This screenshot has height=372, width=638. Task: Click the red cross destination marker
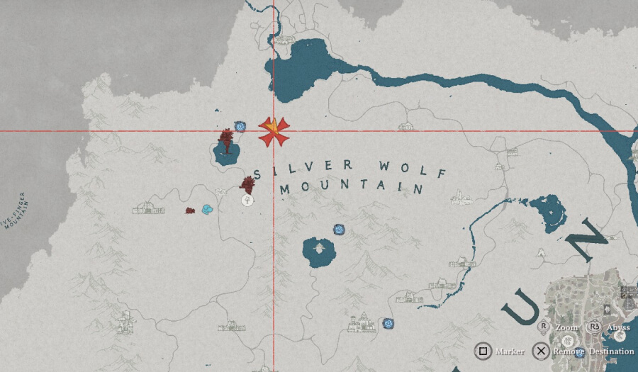[x=274, y=131]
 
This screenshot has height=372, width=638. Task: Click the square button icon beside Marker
[x=483, y=351]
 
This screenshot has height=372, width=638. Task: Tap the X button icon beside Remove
[x=541, y=351]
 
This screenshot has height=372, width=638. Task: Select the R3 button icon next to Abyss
[x=594, y=327]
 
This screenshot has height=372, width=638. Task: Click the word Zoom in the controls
[x=566, y=329]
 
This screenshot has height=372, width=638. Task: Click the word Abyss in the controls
[x=617, y=329]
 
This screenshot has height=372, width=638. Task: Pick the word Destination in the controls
[x=610, y=351]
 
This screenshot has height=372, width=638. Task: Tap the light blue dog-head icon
[x=207, y=210]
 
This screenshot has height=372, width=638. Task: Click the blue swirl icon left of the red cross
[x=241, y=126]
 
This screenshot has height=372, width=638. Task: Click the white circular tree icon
[x=247, y=200]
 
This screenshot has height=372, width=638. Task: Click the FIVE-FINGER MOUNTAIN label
[x=16, y=211]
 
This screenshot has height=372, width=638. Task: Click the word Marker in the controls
[x=510, y=351]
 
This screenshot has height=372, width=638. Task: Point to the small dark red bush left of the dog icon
[x=190, y=210]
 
